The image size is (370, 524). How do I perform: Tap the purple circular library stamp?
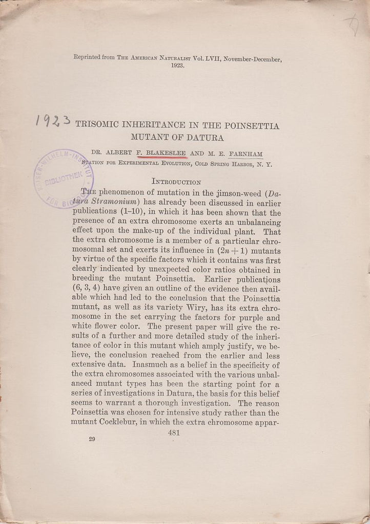(x=63, y=178)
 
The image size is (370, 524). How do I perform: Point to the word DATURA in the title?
(x=205, y=137)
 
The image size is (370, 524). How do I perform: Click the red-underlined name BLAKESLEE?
(x=165, y=152)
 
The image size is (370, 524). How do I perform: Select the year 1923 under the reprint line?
(x=178, y=67)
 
